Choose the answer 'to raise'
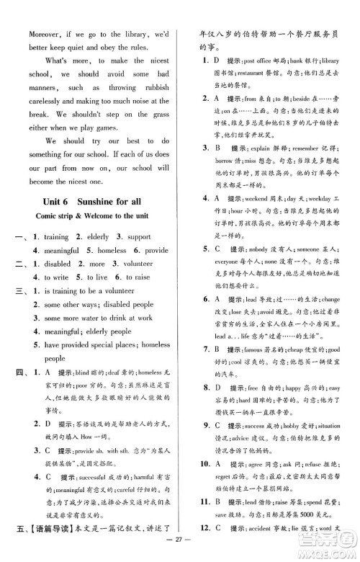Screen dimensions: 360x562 140,277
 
